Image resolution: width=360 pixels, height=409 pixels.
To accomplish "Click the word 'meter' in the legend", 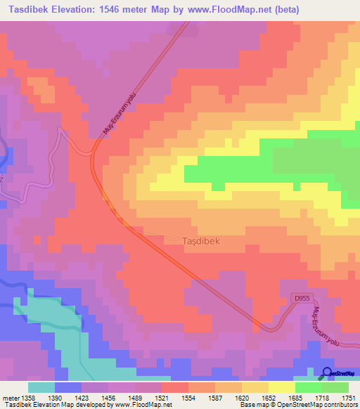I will tap(11, 397).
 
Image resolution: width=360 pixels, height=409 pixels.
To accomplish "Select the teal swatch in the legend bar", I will tap(41, 387).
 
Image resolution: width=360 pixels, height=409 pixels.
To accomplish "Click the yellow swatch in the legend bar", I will tap(281, 387).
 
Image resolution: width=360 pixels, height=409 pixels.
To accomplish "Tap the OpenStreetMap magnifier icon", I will tap(326, 373).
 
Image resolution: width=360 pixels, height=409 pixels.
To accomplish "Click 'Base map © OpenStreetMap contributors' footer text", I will tap(297, 405).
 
